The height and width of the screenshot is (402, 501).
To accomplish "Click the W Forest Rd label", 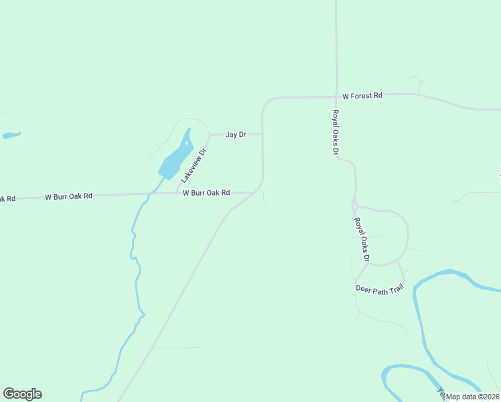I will click(362, 96).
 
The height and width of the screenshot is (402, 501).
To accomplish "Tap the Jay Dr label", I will click(236, 135).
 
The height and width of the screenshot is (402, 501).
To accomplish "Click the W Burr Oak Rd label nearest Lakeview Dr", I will click(206, 193).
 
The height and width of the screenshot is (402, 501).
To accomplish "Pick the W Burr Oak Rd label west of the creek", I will click(68, 197).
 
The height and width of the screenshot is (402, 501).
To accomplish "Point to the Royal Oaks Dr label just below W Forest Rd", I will click(336, 133).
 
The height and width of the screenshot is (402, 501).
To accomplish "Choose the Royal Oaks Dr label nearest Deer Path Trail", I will click(362, 239).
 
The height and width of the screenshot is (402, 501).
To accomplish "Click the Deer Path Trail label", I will click(379, 289).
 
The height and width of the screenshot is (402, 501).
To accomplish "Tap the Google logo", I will click(22, 394).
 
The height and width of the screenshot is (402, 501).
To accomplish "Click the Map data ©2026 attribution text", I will click(473, 397).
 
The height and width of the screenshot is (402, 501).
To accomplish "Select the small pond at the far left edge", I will click(11, 135).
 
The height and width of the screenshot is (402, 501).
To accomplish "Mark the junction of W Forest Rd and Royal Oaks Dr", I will click(336, 96).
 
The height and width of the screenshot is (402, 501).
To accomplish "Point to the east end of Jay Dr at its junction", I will click(262, 134).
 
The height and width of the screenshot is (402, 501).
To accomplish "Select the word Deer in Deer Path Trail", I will click(363, 289).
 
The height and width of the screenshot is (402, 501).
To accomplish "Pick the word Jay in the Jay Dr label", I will click(231, 135).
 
